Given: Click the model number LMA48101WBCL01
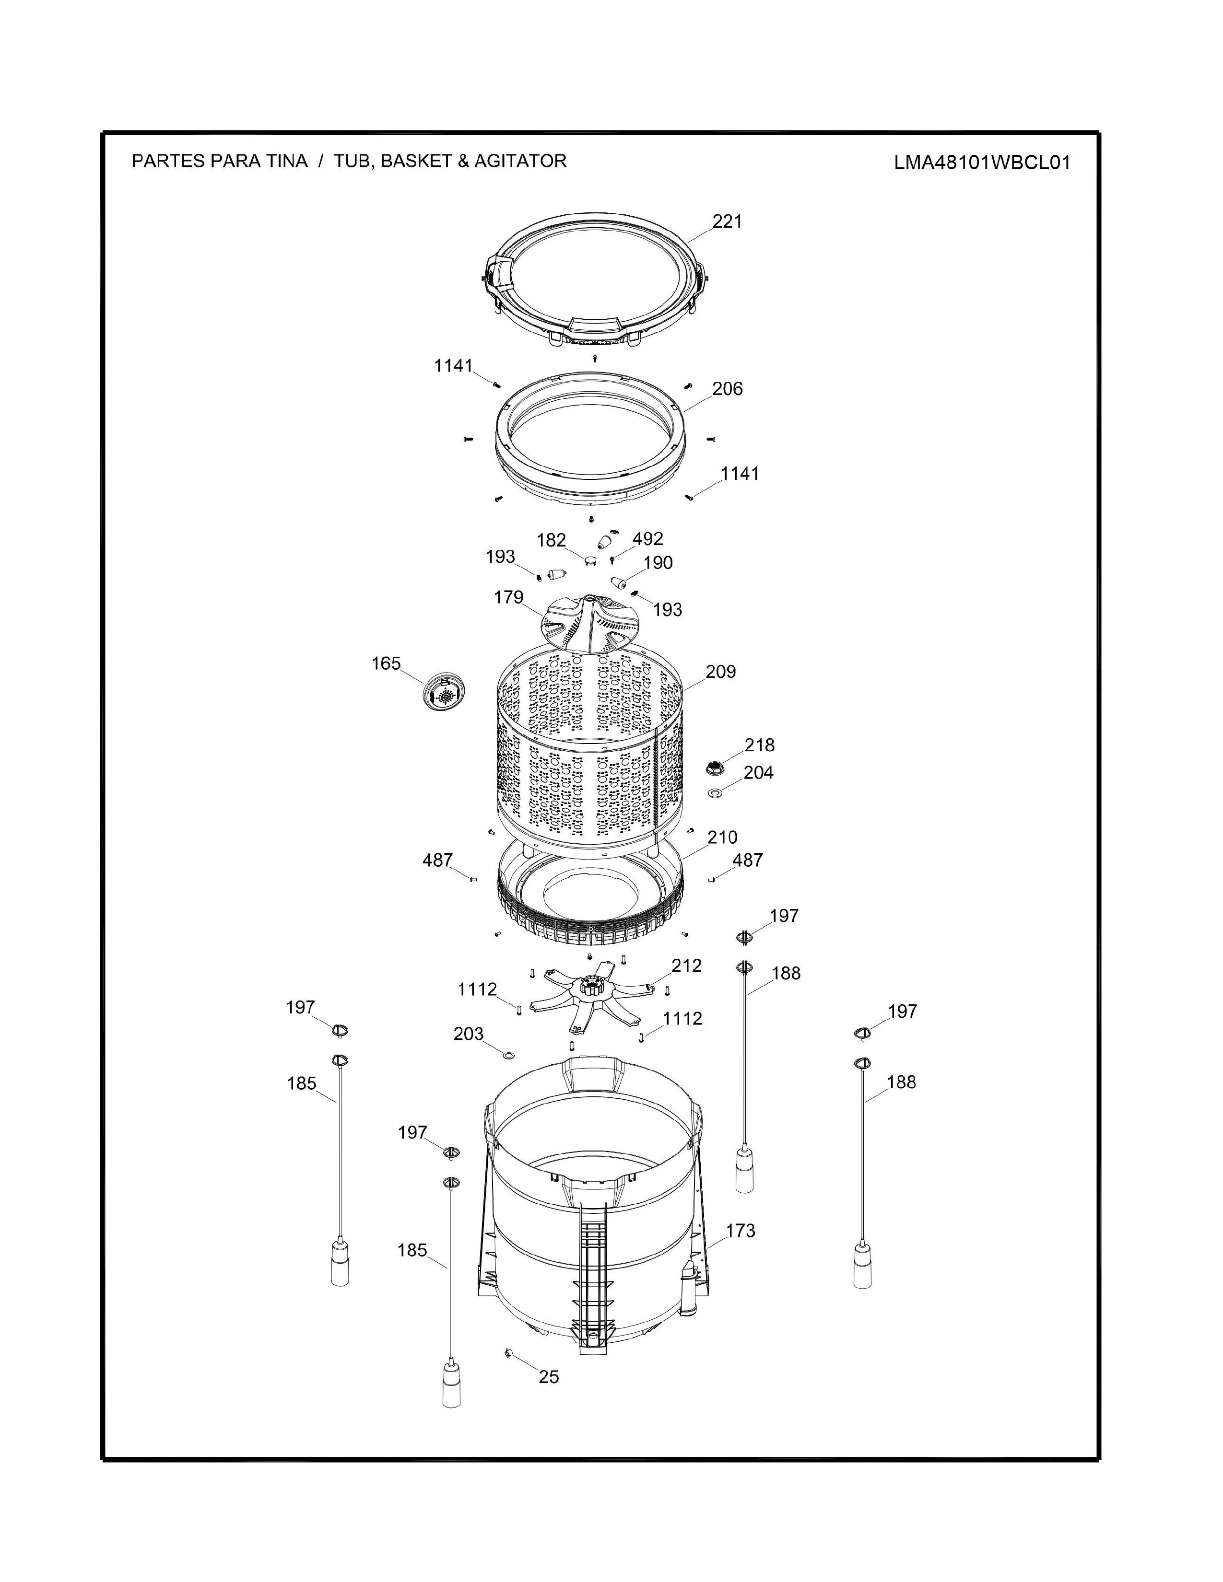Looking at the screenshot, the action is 982,162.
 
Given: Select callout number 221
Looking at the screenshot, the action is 728,221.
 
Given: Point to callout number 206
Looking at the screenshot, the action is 728,389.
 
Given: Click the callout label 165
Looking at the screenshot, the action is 386,663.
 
